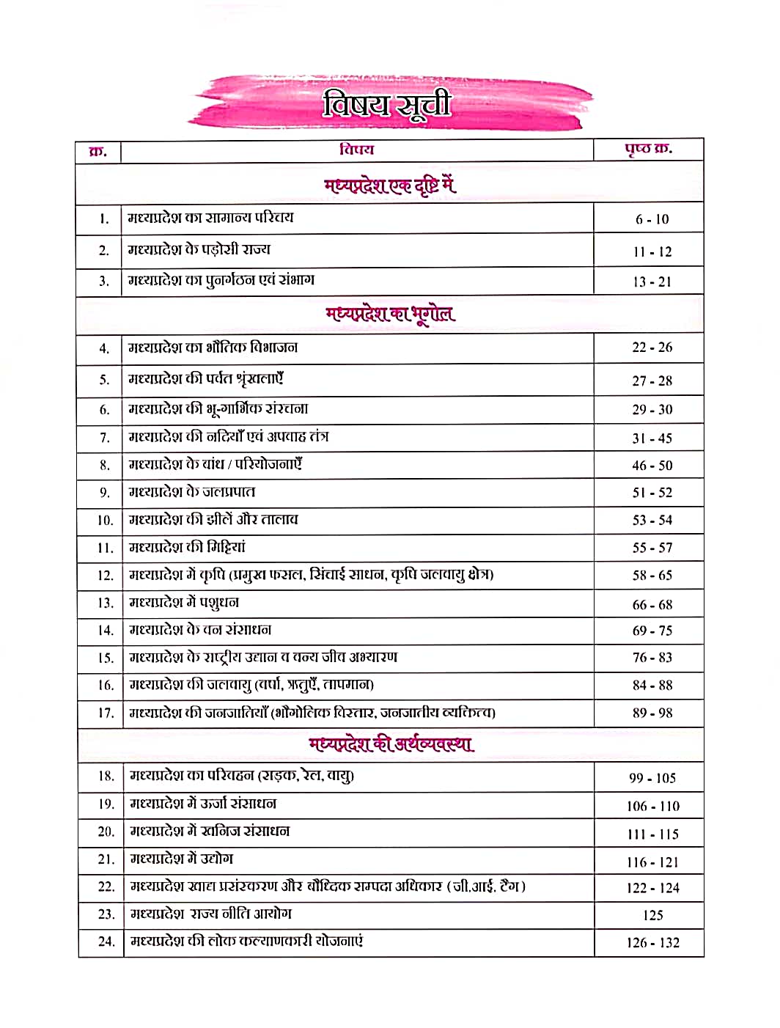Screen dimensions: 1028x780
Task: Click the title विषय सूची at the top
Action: [386, 104]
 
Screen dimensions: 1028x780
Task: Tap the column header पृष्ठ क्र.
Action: [648, 150]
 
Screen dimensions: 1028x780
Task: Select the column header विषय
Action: [356, 150]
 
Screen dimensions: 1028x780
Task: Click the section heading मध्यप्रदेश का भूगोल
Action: [390, 315]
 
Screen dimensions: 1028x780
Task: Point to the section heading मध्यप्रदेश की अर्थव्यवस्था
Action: [391, 744]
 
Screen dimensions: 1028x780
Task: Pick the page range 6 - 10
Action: [652, 219]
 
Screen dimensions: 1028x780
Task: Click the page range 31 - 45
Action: [652, 438]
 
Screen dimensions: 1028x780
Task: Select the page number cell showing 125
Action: [652, 915]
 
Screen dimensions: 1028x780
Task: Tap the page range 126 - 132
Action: [652, 943]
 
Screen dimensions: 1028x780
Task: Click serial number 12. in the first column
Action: [105, 576]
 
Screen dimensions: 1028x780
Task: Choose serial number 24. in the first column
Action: [106, 941]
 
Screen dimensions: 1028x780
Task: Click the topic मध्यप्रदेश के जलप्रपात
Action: [192, 492]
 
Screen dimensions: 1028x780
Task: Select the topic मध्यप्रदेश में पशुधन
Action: [184, 603]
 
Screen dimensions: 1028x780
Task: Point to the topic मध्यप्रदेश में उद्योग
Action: [182, 859]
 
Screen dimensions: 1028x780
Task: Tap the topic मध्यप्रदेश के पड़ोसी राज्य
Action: [199, 249]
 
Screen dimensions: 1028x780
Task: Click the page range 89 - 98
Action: [652, 713]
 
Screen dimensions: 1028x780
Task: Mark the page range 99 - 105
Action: [652, 778]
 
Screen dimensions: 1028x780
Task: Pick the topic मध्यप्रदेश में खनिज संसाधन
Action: [210, 831]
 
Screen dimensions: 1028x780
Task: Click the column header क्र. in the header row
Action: [98, 152]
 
